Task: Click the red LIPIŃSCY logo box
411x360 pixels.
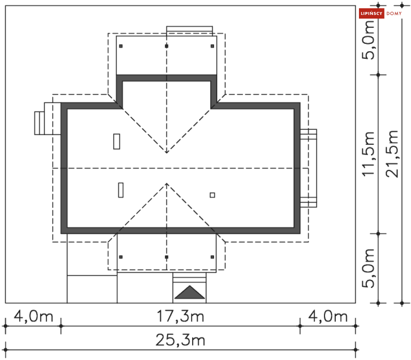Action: [371, 13]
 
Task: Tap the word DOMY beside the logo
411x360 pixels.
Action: [394, 14]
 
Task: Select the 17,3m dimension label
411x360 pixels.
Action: [181, 316]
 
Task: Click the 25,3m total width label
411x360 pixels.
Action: [181, 340]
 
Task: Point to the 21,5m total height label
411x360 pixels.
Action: [392, 154]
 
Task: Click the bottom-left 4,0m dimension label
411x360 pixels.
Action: [33, 316]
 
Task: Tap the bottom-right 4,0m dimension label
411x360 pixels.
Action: [328, 316]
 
